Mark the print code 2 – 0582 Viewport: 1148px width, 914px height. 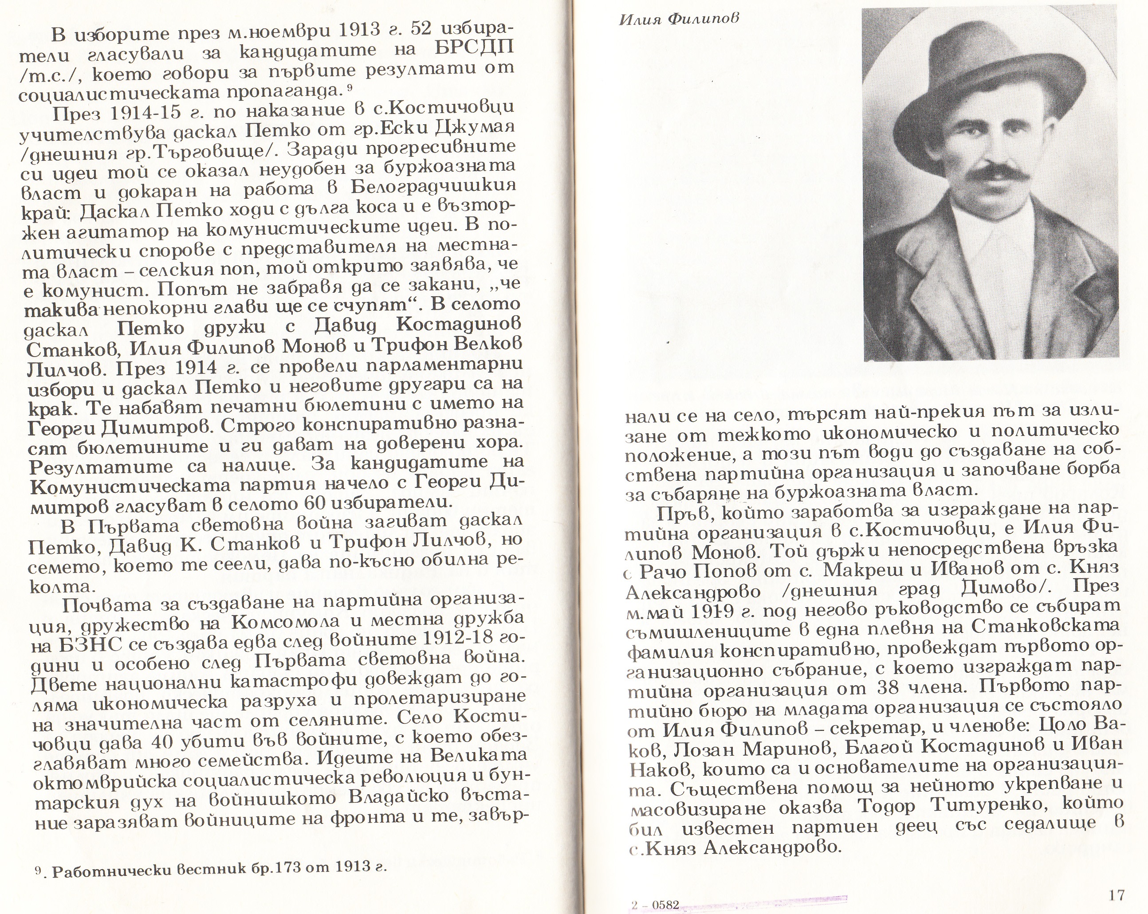click(655, 905)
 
